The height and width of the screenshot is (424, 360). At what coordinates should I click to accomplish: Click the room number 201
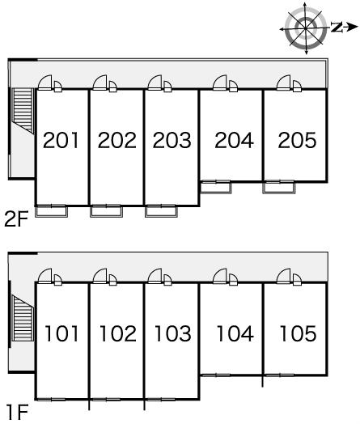pos(61,140)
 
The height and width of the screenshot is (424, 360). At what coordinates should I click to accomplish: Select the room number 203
pos(172,140)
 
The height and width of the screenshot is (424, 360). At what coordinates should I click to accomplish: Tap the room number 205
pos(297,140)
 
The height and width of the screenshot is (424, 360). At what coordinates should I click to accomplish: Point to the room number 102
pos(118,333)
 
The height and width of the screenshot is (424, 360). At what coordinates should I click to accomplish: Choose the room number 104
pos(235,333)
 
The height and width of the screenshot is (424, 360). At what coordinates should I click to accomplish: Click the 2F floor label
pos(16,219)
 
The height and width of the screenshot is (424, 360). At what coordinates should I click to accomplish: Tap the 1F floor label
pos(17,412)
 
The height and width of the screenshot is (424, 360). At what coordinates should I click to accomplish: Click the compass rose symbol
pos(306,28)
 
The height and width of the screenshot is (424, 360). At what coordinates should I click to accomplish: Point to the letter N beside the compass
pos(337,28)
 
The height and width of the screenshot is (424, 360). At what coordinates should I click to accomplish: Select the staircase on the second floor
pos(23,111)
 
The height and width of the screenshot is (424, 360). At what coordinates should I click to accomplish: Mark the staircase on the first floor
pos(23,318)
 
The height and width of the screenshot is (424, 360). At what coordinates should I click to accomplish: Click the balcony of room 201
pos(51,211)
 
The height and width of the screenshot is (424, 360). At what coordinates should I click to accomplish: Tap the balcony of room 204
pos(216,188)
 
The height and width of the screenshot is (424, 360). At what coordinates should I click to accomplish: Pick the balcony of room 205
pos(279,188)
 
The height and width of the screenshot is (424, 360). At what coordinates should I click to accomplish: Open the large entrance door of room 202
pos(100,83)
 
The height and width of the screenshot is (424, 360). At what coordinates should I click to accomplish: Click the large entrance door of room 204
pos(220,83)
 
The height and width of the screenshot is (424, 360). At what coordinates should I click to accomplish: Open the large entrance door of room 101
pos(44,276)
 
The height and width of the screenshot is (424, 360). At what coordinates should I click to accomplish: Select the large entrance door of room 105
pos(283,276)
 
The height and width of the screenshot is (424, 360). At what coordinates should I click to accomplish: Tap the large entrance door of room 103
pos(155,276)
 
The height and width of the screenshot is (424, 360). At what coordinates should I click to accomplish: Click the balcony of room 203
pos(161,211)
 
